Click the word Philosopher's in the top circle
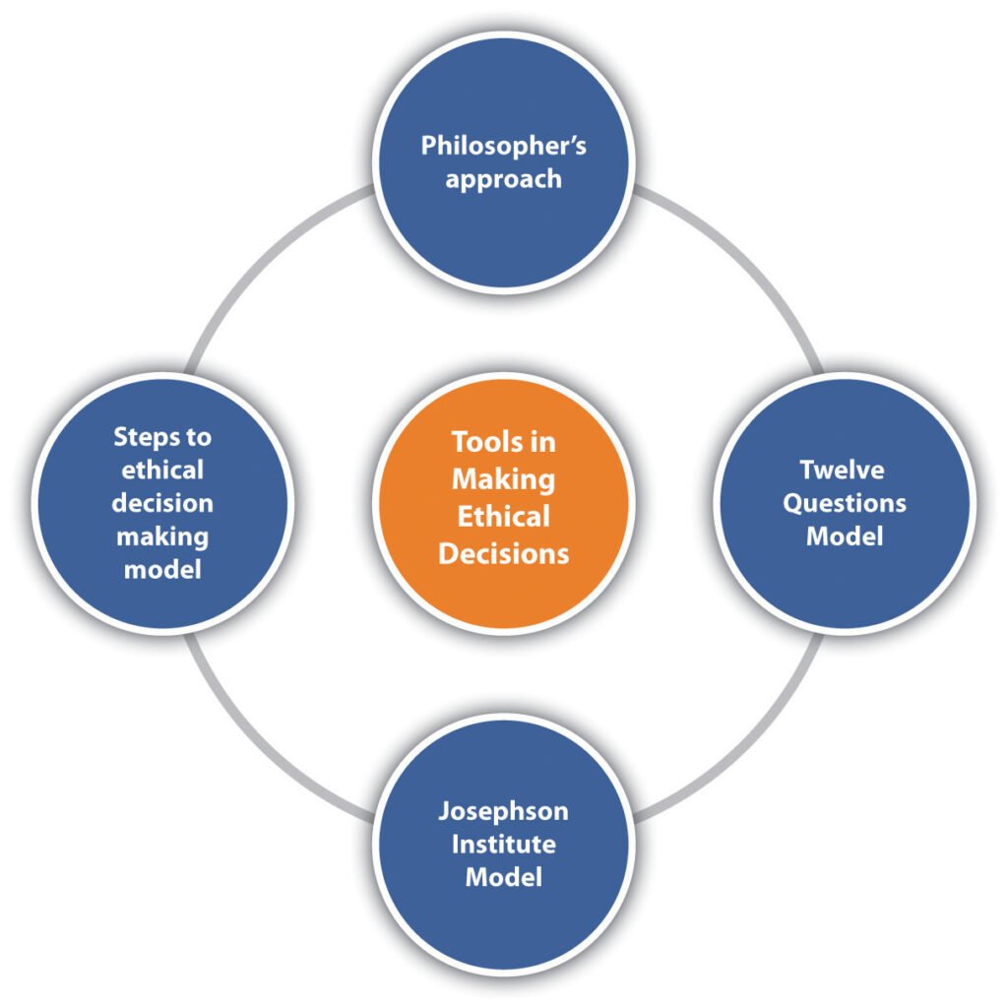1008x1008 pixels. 503,147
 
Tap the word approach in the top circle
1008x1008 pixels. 503,180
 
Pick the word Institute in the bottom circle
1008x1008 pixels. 503,844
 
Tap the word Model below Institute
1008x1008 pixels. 503,877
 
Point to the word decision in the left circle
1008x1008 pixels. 161,503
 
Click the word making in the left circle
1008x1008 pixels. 161,536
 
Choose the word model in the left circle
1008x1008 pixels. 161,570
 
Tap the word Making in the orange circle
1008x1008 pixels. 503,479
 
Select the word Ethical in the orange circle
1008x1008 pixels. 503,516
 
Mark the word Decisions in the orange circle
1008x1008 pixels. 503,552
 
